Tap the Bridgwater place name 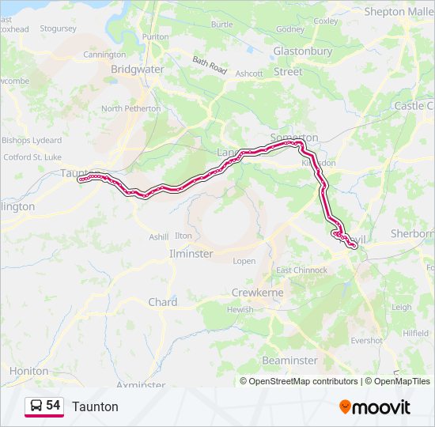pos(137,70)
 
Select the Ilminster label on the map pos(191,254)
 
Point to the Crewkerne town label pos(257,293)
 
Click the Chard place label pos(163,302)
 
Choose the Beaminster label pos(289,361)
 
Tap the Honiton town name pos(28,371)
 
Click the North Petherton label pos(130,108)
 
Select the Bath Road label pos(210,65)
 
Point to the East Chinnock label pos(301,270)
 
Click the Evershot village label pos(366,341)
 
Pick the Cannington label pos(104,55)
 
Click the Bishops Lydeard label pos(32,140)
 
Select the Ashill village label pos(159,236)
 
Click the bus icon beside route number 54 pos(36,406)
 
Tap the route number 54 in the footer pos(53,406)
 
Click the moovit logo pos(375,407)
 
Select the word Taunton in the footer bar pos(95,406)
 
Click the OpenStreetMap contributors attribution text pos(304,381)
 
